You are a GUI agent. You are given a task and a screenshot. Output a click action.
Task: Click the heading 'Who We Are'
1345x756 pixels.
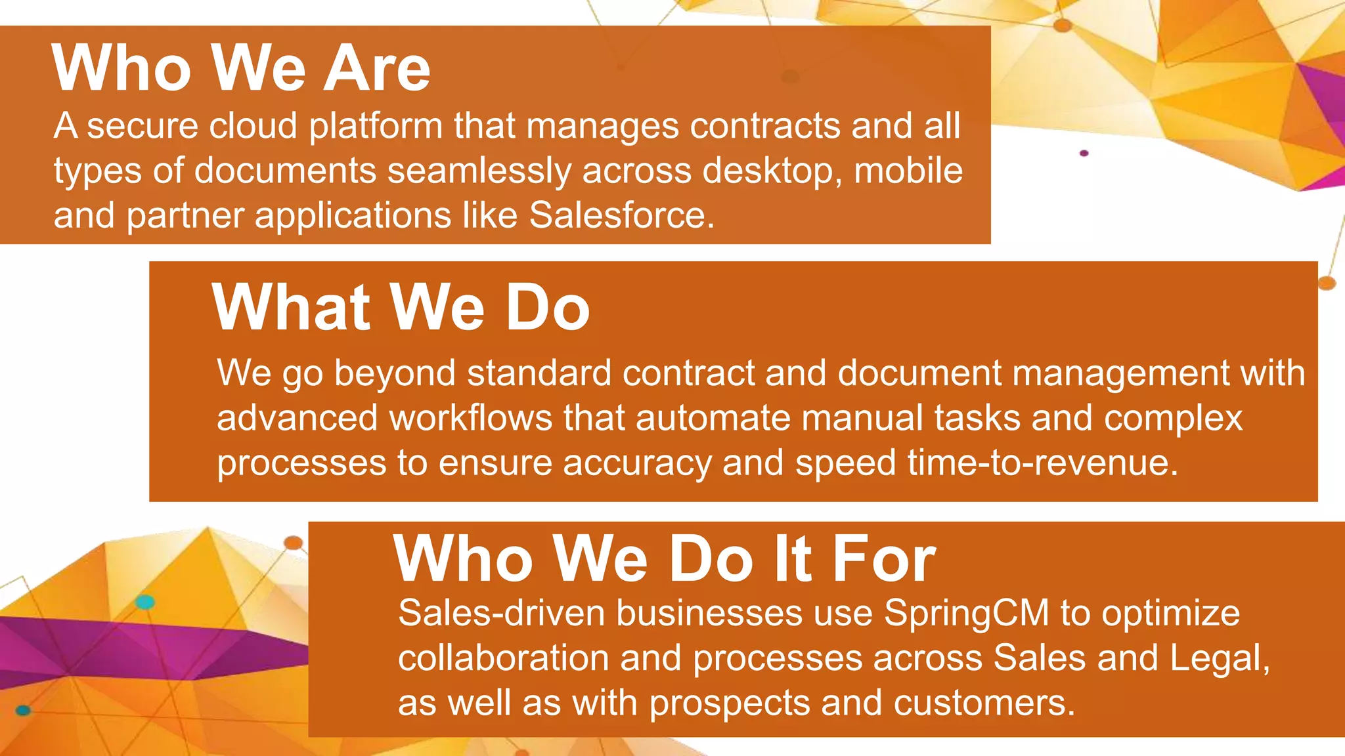(240, 68)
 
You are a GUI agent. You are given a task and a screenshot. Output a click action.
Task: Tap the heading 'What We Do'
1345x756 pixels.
(401, 307)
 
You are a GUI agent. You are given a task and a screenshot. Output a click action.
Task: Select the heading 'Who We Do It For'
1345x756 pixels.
(664, 558)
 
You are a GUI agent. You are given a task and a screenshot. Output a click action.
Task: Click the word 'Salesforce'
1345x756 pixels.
(617, 215)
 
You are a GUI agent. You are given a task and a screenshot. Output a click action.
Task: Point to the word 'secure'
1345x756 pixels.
(142, 125)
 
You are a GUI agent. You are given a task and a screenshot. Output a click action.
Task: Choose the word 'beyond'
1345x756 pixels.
(395, 373)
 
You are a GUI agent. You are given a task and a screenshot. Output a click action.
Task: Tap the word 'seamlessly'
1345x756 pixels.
(479, 171)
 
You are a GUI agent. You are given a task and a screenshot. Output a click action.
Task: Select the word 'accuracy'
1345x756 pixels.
(637, 463)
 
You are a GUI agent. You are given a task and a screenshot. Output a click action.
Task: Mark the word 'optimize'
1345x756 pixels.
(1170, 614)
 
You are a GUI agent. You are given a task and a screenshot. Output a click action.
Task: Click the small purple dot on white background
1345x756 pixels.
(1084, 153)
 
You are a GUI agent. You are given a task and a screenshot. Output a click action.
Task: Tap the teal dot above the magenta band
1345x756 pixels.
(145, 602)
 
